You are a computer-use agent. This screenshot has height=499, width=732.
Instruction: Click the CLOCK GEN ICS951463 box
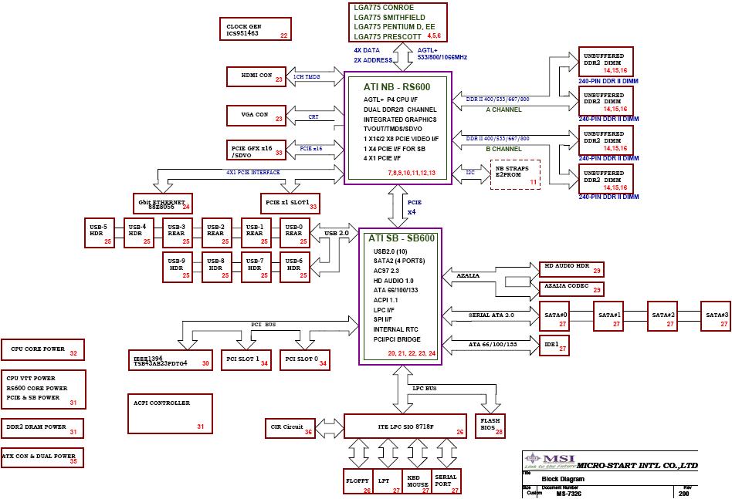tap(255, 30)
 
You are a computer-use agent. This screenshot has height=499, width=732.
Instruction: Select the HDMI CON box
tap(256, 76)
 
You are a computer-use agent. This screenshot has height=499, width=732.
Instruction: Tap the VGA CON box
tap(256, 116)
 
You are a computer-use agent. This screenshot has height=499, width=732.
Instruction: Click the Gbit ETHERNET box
tap(161, 203)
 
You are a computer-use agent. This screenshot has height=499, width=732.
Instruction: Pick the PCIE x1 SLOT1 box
tap(290, 203)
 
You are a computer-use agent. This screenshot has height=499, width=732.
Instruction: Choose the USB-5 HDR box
tap(99, 231)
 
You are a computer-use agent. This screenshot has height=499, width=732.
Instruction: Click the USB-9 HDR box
tap(177, 267)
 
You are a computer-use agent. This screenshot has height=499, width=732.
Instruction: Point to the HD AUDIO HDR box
tap(571, 268)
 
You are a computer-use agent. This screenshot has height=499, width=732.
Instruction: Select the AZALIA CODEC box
tap(571, 288)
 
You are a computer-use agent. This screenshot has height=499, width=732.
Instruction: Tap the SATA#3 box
tap(716, 315)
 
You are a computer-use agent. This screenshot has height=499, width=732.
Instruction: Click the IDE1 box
tap(554, 346)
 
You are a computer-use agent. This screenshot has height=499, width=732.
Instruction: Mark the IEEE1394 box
tap(170, 359)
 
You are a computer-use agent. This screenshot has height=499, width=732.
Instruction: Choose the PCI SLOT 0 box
tap(301, 359)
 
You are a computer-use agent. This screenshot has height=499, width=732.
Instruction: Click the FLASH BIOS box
tap(490, 427)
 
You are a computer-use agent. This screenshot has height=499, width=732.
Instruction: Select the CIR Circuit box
tap(290, 427)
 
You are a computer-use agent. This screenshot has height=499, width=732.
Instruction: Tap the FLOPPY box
tap(358, 481)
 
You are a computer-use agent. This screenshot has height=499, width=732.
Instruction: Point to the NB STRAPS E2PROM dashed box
tap(515, 174)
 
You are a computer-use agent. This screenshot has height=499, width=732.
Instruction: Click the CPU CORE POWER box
tap(42, 349)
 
